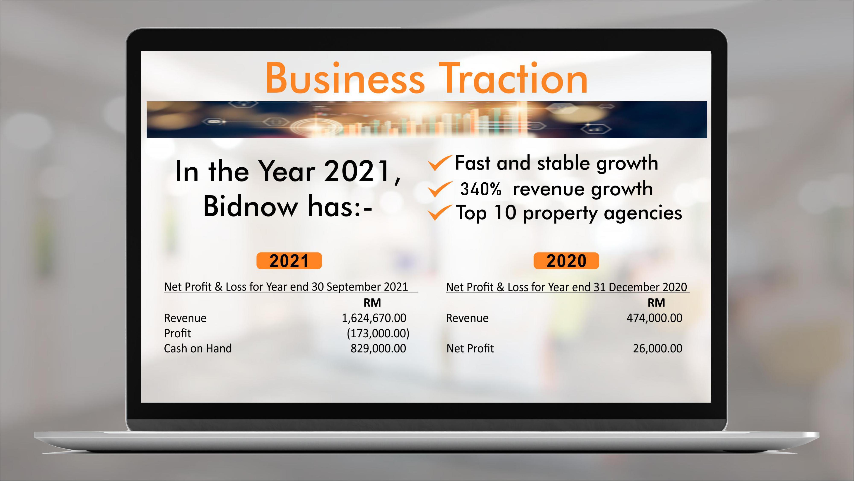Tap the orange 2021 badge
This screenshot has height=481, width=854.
289,261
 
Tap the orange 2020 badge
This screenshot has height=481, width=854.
566,261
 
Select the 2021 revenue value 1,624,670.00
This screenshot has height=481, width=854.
374,318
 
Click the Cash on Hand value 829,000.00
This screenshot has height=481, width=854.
378,348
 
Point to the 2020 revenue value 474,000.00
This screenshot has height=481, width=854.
654,318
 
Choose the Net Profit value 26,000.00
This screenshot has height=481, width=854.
658,348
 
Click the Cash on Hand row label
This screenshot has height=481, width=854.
198,348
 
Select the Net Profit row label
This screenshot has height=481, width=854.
470,348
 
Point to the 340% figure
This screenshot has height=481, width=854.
481,189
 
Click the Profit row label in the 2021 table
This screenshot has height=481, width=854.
178,333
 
